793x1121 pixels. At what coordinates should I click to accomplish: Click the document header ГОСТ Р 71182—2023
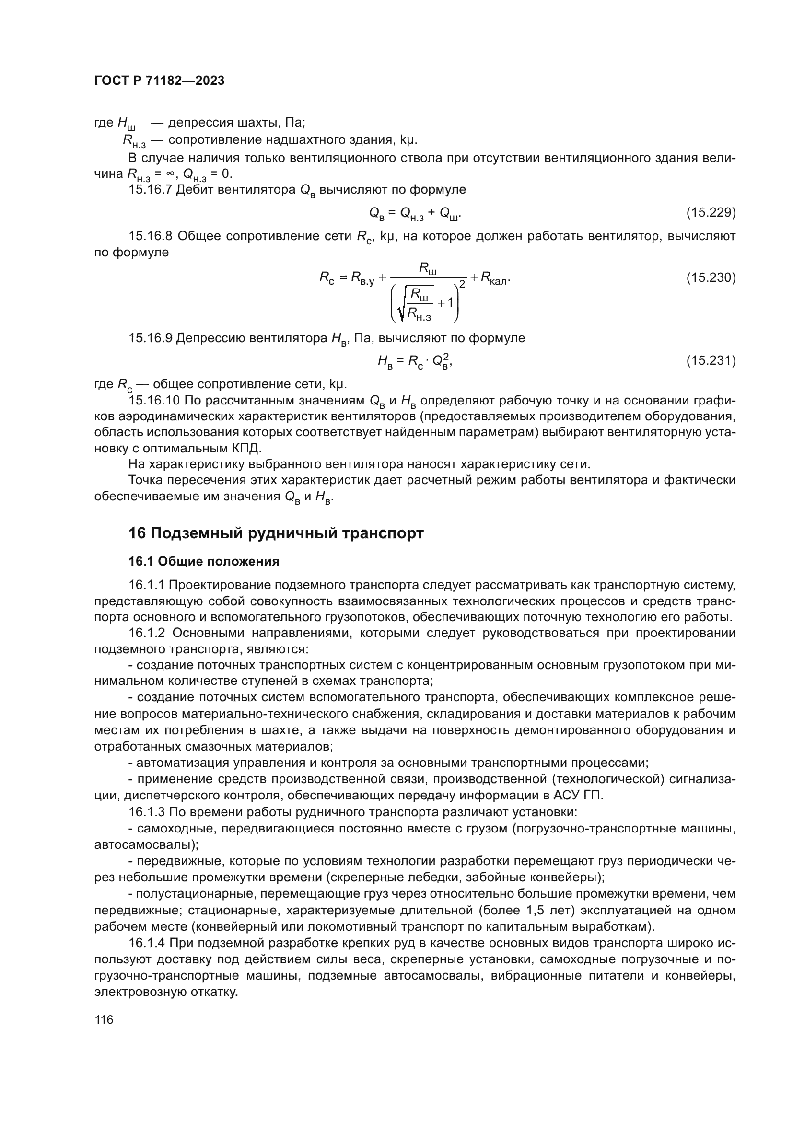point(159,81)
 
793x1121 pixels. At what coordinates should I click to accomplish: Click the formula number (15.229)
point(711,212)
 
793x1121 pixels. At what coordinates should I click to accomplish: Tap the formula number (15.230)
point(711,277)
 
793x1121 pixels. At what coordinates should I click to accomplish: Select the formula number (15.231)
point(711,360)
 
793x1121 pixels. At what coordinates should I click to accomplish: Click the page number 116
point(104,1019)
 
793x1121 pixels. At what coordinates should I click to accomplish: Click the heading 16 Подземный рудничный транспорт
point(276,532)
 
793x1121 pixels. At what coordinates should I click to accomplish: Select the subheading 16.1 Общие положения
point(204,561)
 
